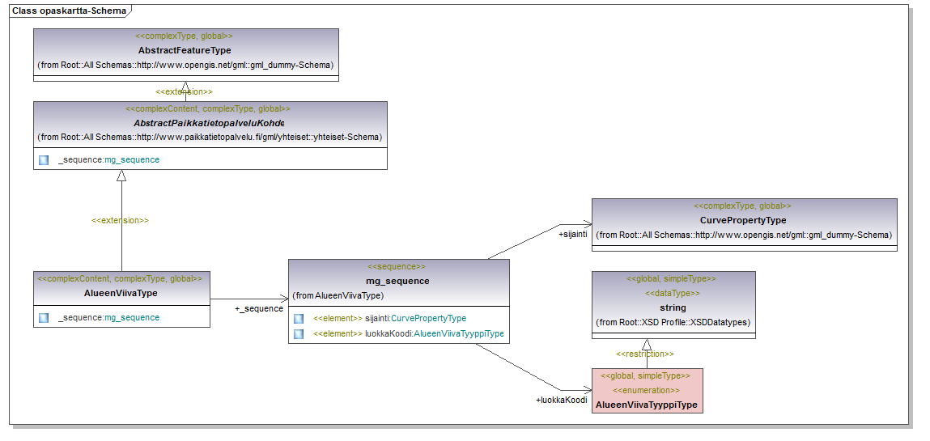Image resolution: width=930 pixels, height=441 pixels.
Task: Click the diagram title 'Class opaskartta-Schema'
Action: click(x=69, y=11)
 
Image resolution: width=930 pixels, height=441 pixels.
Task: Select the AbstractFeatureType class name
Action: click(x=185, y=50)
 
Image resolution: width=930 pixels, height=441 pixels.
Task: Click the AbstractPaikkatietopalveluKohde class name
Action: click(x=209, y=123)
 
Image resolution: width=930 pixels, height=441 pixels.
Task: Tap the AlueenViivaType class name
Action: click(x=121, y=293)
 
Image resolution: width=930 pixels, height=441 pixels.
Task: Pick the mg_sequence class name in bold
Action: click(x=397, y=281)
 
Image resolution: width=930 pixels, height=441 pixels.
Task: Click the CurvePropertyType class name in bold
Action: click(x=743, y=220)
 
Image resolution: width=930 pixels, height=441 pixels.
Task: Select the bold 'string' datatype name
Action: click(x=673, y=307)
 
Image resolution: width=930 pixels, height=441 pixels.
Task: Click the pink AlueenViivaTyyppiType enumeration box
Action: click(x=647, y=390)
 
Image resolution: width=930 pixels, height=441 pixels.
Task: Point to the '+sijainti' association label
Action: click(x=572, y=234)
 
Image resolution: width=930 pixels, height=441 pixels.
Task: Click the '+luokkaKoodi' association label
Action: click(x=561, y=400)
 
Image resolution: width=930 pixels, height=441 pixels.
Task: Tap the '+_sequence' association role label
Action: click(x=259, y=308)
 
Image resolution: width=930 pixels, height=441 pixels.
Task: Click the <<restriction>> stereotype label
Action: click(x=644, y=354)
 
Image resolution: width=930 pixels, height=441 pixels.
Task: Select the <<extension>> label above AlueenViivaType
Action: click(x=120, y=220)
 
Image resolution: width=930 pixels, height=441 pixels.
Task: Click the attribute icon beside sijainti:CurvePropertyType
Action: click(x=299, y=319)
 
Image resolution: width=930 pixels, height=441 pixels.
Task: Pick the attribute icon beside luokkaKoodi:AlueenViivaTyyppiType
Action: click(x=299, y=333)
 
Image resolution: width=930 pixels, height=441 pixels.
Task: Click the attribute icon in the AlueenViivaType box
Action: click(x=44, y=318)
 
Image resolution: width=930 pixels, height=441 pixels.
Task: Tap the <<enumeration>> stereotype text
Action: click(x=647, y=390)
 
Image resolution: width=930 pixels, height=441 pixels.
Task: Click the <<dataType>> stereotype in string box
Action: click(x=673, y=294)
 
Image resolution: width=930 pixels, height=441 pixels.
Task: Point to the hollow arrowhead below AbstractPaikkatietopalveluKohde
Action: click(x=121, y=176)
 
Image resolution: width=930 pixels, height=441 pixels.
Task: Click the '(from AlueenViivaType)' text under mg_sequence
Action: click(x=338, y=295)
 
